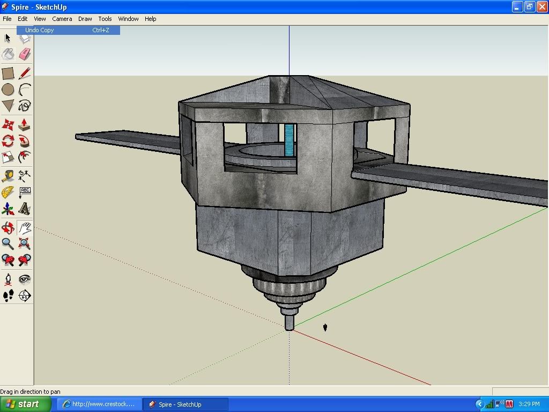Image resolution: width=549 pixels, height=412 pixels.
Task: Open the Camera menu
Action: (62, 19)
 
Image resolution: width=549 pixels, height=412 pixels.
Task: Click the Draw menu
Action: (85, 19)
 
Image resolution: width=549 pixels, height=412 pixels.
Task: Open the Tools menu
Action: (105, 19)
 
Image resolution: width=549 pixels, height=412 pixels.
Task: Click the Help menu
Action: (150, 19)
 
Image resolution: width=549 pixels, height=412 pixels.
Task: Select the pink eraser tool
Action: (25, 54)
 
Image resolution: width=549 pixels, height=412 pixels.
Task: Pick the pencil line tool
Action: (25, 73)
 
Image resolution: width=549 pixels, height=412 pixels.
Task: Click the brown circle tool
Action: (8, 90)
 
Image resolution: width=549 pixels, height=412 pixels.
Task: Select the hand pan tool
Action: (25, 228)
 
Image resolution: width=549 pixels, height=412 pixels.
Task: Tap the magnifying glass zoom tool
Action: (8, 243)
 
